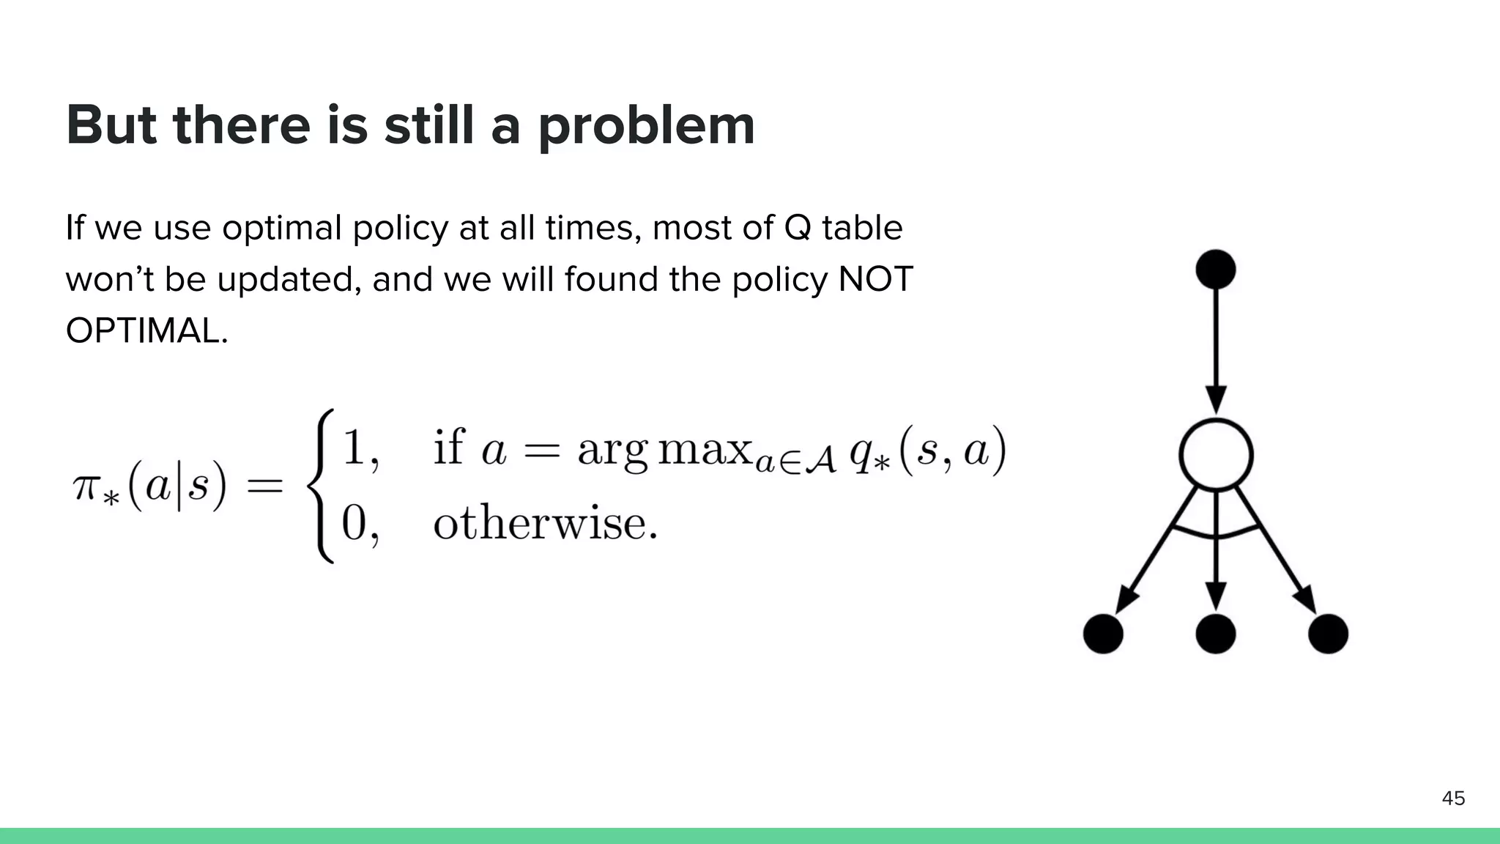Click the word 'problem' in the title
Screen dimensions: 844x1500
646,126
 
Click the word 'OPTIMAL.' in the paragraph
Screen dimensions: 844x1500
146,331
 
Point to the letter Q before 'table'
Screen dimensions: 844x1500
798,228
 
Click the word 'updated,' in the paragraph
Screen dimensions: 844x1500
289,280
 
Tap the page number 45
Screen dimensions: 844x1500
1453,798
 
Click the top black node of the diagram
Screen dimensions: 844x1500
1215,269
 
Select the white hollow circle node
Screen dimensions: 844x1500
1216,455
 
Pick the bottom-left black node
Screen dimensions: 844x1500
1103,634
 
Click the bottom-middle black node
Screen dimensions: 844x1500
1216,634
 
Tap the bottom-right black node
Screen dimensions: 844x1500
1328,634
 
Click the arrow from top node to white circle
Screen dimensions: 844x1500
1216,344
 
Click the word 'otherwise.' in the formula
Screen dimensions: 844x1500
545,524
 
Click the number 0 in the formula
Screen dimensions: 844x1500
354,524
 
